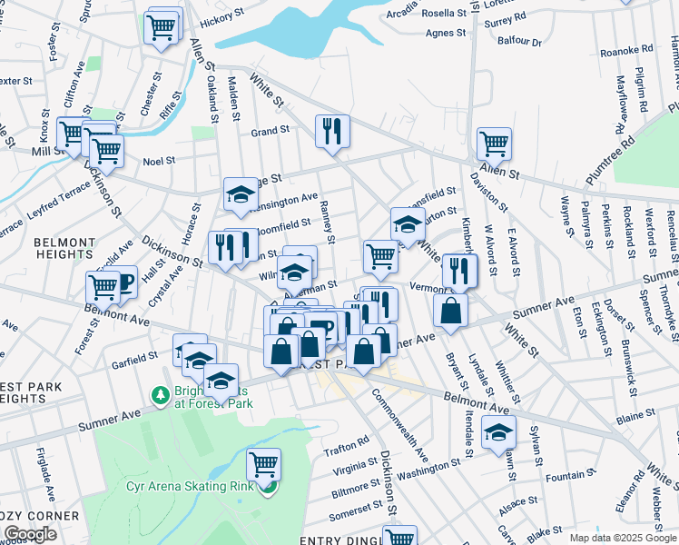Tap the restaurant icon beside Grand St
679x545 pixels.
click(332, 132)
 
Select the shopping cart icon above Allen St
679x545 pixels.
click(494, 143)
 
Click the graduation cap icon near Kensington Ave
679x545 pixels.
click(241, 193)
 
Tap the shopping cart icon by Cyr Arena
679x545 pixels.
click(263, 464)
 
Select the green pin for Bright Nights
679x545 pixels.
click(158, 397)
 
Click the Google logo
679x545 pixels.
click(30, 534)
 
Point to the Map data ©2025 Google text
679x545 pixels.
click(623, 538)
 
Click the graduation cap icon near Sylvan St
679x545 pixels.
click(498, 433)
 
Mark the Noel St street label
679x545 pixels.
click(159, 162)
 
